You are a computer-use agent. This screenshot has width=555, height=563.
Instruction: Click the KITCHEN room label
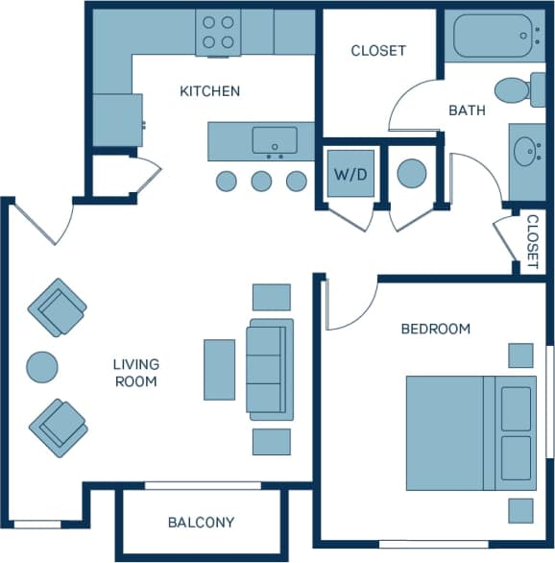pos(209,91)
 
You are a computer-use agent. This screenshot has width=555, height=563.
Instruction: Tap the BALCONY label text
pos(201,523)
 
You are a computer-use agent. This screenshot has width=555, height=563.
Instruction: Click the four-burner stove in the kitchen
pos(218,32)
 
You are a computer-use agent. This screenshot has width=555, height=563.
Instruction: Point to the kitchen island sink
pos(275,141)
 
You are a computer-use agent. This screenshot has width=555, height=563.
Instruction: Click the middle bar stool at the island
pos(261,181)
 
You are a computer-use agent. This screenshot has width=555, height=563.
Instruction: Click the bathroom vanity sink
pos(525,152)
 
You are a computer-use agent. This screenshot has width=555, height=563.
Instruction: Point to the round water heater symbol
pos(412,174)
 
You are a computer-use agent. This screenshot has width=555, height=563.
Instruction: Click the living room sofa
pos(271,369)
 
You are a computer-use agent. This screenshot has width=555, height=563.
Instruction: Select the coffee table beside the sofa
pos(219,369)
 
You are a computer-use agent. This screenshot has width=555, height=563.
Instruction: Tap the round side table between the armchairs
pos(42,366)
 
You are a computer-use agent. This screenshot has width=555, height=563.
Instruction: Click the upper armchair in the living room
pos(58,307)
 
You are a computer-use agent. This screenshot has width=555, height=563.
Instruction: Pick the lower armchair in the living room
pos(58,428)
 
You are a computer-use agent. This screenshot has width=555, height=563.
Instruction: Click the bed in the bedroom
pos(470,432)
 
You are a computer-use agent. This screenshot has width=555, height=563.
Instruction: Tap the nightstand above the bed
pos(520,355)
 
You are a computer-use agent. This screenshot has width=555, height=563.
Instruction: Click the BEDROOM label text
pos(435,329)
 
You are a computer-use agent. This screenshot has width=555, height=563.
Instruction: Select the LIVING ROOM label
pos(135,373)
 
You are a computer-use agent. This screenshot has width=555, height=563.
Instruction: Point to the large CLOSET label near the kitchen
pos(378,50)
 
